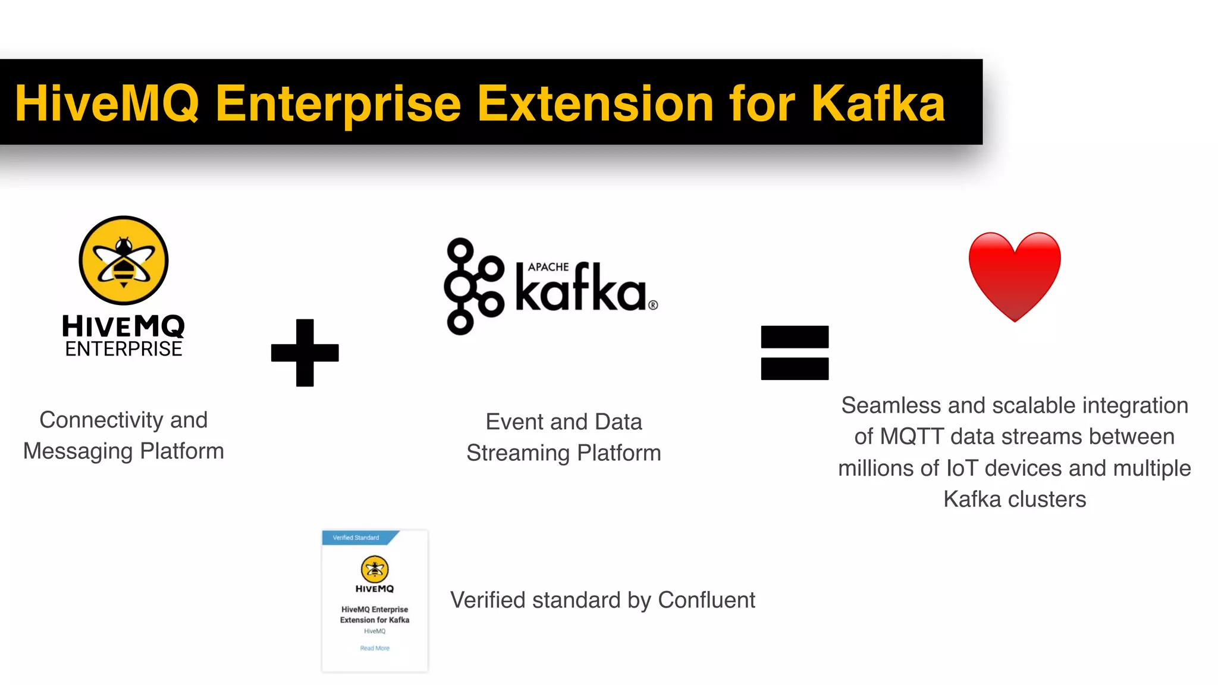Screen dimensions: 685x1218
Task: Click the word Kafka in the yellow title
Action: tap(878, 103)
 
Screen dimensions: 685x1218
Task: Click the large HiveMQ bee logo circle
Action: tap(124, 260)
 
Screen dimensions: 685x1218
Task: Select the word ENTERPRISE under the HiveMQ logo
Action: tap(124, 349)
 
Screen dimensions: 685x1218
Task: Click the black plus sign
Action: tap(304, 353)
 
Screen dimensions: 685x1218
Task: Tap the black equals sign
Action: tap(795, 353)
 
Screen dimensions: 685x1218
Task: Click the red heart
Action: tap(1015, 275)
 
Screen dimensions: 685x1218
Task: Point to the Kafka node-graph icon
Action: tap(473, 286)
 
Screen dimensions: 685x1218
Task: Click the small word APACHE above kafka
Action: tap(548, 267)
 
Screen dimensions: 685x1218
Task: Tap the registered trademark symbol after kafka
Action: tap(653, 305)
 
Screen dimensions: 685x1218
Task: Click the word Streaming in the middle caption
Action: tap(518, 453)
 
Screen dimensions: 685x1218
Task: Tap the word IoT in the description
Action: tap(962, 469)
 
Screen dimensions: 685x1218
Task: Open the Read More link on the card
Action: tap(375, 648)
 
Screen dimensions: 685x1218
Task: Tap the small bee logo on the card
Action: tap(375, 569)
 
